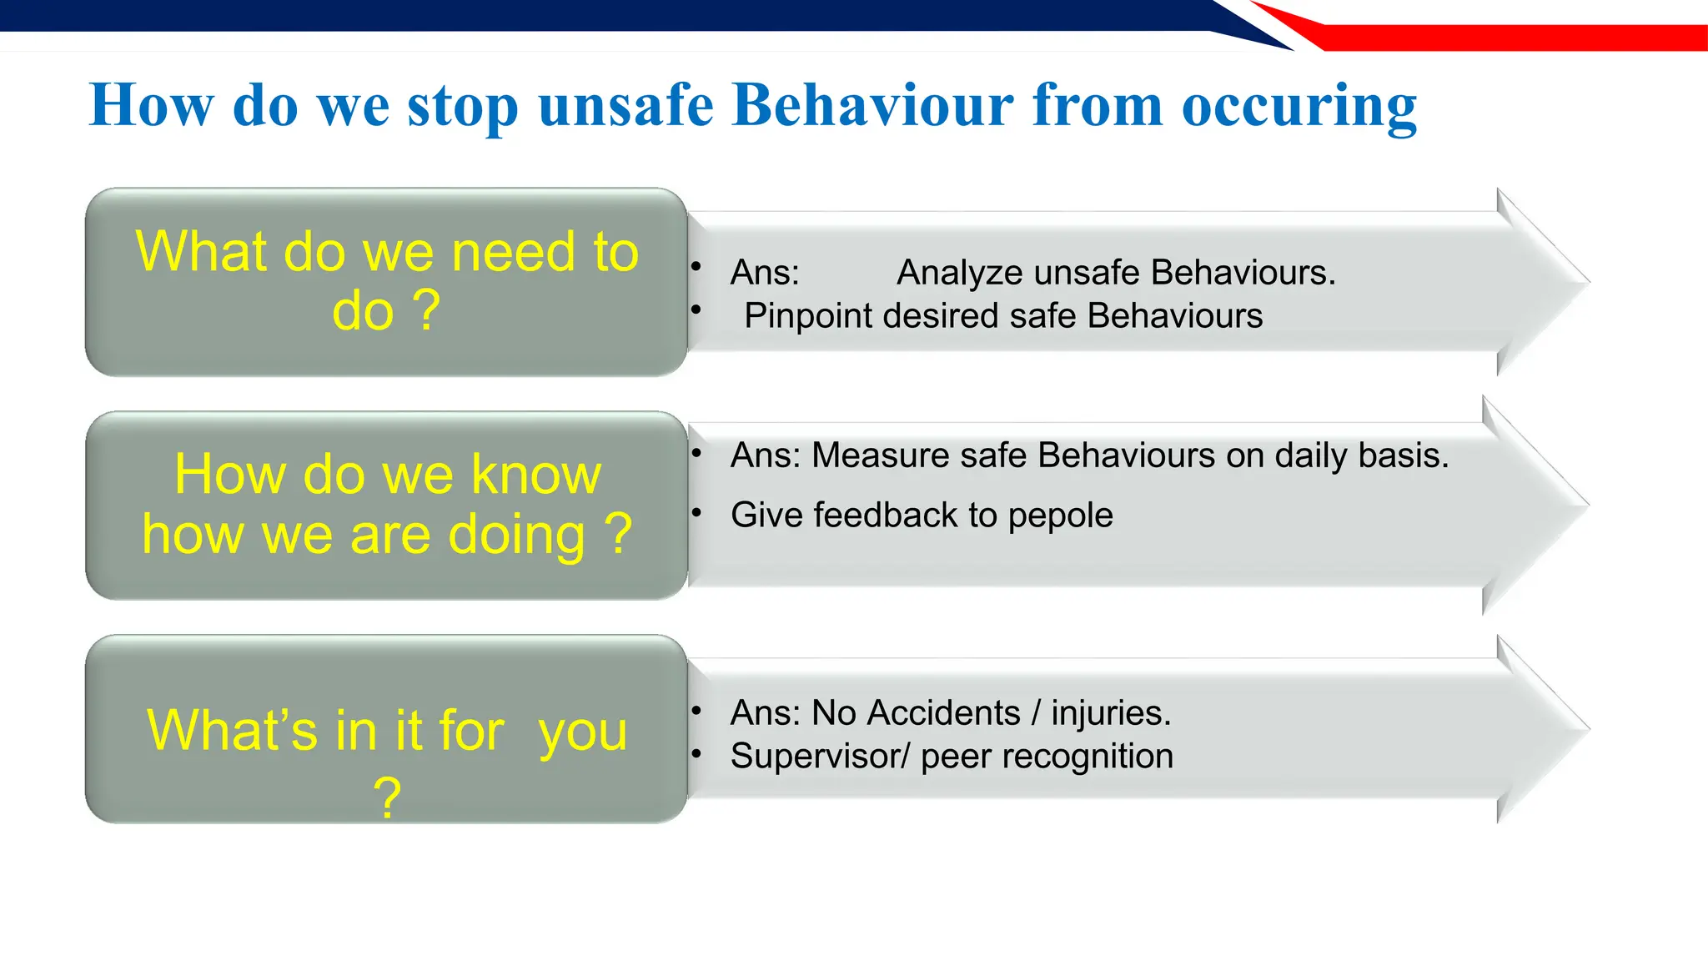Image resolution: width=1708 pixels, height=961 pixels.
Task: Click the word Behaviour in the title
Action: [x=872, y=105]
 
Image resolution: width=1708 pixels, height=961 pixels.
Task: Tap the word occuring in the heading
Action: [x=1299, y=107]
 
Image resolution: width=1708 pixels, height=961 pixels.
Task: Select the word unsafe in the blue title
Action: [x=625, y=105]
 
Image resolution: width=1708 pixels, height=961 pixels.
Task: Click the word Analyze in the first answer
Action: [x=959, y=273]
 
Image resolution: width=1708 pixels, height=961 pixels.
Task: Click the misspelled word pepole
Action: [x=1060, y=516]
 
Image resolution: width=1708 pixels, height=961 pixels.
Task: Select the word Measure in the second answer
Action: [x=880, y=455]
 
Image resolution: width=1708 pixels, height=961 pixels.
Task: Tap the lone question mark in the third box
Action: [x=387, y=797]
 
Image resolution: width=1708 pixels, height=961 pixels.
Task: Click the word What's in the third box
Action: [x=232, y=730]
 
